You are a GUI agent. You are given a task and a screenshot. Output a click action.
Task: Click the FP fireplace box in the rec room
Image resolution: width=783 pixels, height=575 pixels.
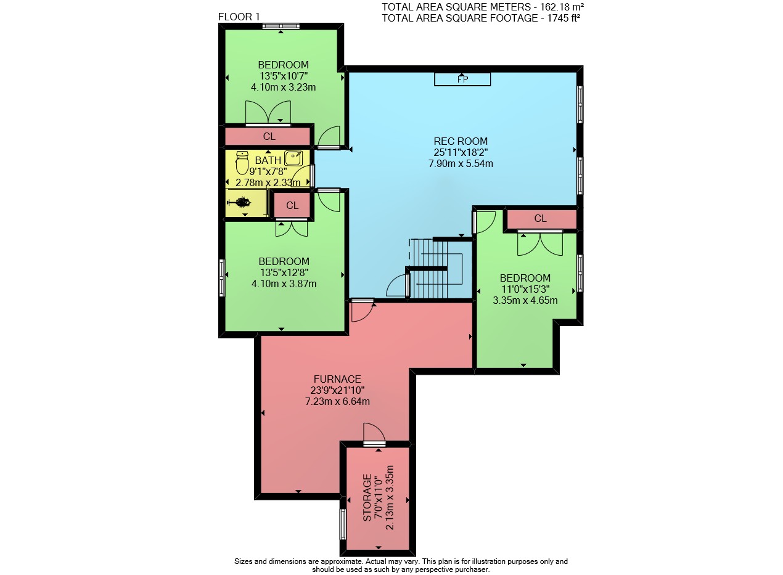pyautogui.click(x=462, y=80)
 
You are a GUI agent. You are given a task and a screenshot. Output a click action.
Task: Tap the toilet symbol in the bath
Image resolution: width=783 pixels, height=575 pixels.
pyautogui.click(x=242, y=163)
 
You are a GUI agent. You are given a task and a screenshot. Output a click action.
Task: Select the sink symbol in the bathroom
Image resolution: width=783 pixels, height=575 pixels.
pyautogui.click(x=293, y=158)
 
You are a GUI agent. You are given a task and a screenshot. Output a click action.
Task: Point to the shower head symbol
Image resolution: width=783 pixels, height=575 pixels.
pyautogui.click(x=239, y=202)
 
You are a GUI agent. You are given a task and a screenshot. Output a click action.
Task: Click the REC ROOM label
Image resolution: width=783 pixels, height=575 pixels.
pyautogui.click(x=461, y=141)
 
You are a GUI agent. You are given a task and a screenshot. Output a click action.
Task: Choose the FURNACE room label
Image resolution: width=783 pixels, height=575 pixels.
pyautogui.click(x=337, y=379)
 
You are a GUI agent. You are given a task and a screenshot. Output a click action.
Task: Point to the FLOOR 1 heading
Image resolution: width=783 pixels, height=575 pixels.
pyautogui.click(x=239, y=17)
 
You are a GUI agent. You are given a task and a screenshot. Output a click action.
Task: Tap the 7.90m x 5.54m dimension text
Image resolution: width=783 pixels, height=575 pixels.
pyautogui.click(x=461, y=163)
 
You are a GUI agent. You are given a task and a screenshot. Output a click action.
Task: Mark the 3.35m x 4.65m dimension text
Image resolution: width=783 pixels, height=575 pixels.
pyautogui.click(x=525, y=300)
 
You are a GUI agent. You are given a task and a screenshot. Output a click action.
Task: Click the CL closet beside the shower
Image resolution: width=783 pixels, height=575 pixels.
pyautogui.click(x=292, y=205)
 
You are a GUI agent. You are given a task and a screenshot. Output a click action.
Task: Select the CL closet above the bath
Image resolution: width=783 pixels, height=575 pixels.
pyautogui.click(x=268, y=136)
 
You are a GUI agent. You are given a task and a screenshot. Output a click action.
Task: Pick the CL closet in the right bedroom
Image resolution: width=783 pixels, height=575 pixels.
pyautogui.click(x=541, y=219)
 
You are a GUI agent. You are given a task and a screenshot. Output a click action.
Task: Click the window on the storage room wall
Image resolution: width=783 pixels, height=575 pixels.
pyautogui.click(x=343, y=524)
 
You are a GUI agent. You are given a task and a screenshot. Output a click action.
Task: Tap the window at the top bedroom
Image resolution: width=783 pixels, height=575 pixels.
pyautogui.click(x=281, y=26)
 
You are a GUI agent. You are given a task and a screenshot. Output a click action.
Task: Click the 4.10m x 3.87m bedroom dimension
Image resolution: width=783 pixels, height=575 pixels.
pyautogui.click(x=284, y=283)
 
